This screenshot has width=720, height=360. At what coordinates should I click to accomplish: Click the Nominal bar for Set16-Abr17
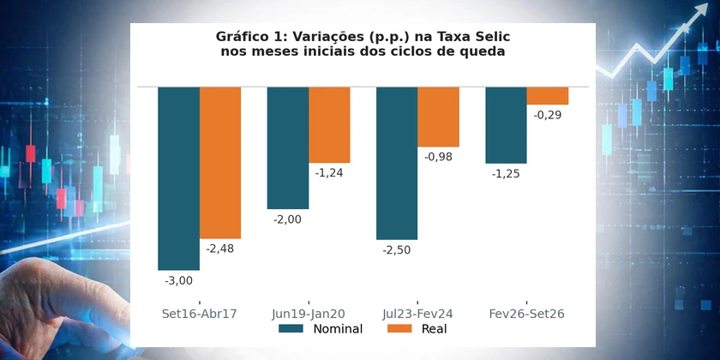pos(178,178)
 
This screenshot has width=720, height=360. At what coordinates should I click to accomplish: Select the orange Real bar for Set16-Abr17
pos(220,163)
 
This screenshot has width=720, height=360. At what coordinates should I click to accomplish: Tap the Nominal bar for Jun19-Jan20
pos(288,147)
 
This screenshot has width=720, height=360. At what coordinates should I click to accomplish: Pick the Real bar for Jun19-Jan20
pos(329,125)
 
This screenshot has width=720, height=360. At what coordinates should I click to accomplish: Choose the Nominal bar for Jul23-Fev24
pos(397,163)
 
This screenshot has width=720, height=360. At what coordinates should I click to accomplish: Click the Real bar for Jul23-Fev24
pos(439,117)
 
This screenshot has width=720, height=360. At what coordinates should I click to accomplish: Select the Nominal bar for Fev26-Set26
pos(506,125)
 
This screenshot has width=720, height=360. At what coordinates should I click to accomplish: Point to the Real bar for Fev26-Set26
pos(548,95)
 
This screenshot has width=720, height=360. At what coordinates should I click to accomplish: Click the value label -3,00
pos(178,280)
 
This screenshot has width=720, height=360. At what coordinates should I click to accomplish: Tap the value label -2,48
pos(220,249)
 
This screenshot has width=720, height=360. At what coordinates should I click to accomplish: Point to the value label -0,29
pos(548,115)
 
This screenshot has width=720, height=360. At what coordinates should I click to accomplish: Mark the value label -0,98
pos(439,157)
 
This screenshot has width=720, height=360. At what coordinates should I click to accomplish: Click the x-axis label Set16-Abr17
pos(199,314)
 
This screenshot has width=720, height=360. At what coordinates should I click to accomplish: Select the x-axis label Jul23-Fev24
pos(417,314)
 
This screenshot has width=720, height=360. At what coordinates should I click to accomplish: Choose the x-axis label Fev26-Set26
pos(526,314)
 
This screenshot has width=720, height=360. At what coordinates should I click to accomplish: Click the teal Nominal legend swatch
pos(291,329)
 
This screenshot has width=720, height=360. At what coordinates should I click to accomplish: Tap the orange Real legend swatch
pos(399,329)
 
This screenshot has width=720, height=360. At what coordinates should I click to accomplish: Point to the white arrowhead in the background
pos(699,11)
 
